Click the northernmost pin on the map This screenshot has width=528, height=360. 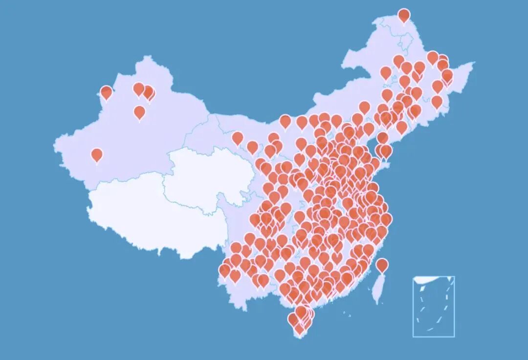(x=404, y=15)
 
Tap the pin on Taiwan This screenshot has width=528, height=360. (x=382, y=265)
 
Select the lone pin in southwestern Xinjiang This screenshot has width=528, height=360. (x=97, y=155)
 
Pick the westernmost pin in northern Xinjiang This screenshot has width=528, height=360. (x=106, y=92)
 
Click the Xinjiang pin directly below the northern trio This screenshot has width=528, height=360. (x=139, y=112)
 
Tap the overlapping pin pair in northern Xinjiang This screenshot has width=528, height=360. (x=149, y=92)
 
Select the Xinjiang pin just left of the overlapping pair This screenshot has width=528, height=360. (x=138, y=89)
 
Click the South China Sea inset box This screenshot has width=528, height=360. (x=434, y=307)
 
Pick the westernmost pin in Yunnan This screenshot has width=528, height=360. (x=225, y=270)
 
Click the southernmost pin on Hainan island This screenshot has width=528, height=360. (x=299, y=329)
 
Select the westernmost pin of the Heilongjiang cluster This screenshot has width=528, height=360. (x=386, y=73)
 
